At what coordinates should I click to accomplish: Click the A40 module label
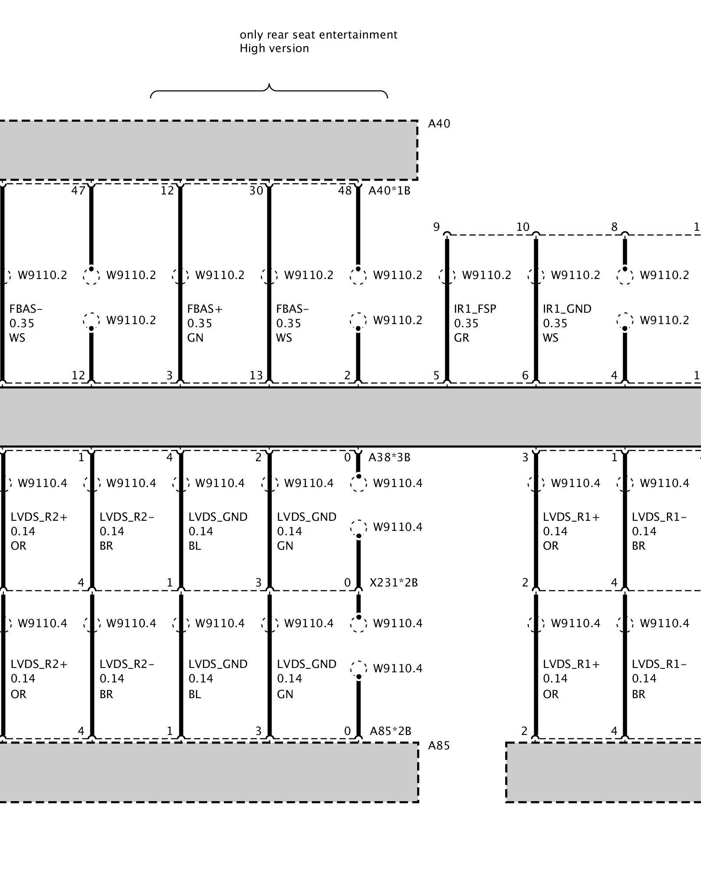coord(439,124)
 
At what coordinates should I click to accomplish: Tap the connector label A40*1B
coord(389,191)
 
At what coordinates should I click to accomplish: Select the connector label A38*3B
coord(389,458)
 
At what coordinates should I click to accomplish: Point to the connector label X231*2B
coord(393,583)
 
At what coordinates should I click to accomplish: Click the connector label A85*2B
coord(390,731)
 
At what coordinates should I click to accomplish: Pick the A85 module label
coord(439,746)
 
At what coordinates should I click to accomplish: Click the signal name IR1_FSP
coord(475,309)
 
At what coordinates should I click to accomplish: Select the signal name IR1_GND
coord(567,309)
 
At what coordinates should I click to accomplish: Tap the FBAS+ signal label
coord(205,309)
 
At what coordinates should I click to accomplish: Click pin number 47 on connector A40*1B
coord(78,191)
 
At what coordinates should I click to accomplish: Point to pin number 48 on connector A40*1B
coord(345,191)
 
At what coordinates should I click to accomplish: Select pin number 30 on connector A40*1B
coord(256,191)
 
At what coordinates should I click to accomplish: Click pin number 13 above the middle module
coord(256,375)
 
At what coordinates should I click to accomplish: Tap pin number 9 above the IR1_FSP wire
coord(436,227)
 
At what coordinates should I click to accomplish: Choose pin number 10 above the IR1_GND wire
coord(523,227)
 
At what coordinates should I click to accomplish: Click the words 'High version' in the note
coord(274,48)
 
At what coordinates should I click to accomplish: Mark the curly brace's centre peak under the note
coord(269,86)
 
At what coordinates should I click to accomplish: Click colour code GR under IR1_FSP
coord(461,338)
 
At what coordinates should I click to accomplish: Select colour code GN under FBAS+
coord(195,338)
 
